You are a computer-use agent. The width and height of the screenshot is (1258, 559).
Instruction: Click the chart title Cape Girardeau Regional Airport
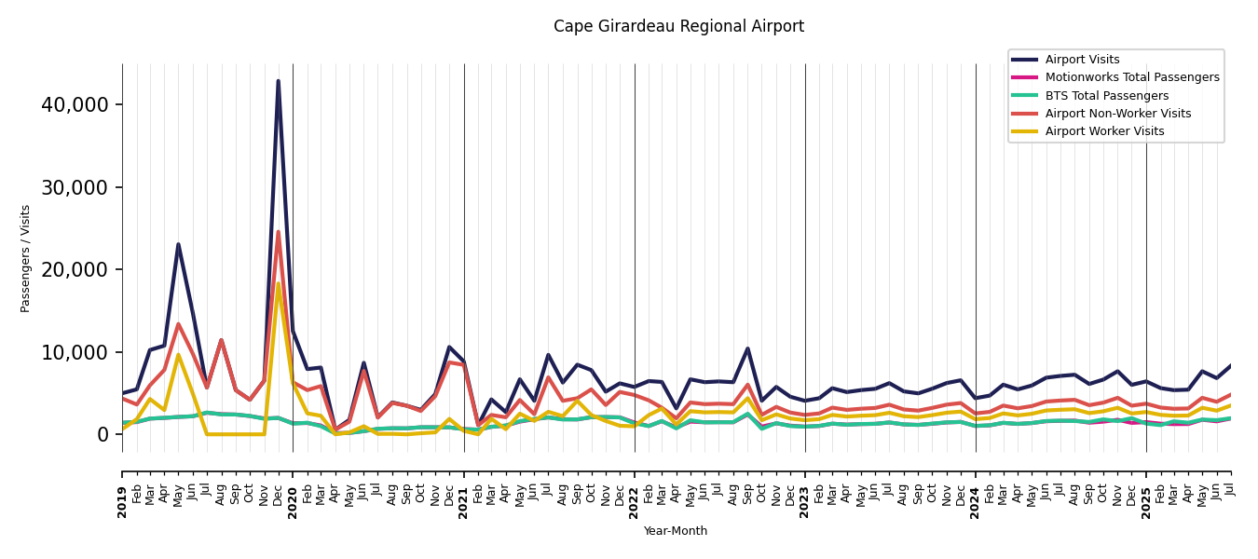pyautogui.click(x=678, y=27)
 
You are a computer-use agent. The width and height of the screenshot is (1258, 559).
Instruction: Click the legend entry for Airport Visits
pyautogui.click(x=1082, y=60)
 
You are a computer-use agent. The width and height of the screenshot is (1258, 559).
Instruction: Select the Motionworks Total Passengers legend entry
pyautogui.click(x=1131, y=77)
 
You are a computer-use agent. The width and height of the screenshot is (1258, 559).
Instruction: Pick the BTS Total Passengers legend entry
pyautogui.click(x=1106, y=96)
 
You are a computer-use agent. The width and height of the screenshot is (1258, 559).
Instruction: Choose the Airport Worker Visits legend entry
pyautogui.click(x=1104, y=131)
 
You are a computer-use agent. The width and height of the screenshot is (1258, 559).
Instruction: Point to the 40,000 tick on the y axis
pyautogui.click(x=75, y=104)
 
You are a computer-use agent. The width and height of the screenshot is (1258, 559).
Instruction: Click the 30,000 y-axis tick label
pyautogui.click(x=75, y=187)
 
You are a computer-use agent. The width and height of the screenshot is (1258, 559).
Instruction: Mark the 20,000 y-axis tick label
pyautogui.click(x=75, y=269)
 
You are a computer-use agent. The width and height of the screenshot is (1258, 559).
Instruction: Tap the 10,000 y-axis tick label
pyautogui.click(x=75, y=352)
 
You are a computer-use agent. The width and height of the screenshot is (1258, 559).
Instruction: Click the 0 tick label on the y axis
pyautogui.click(x=103, y=434)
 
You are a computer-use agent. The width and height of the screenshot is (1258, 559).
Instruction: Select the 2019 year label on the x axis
pyautogui.click(x=122, y=501)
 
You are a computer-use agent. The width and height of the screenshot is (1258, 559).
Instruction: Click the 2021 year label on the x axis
pyautogui.click(x=464, y=501)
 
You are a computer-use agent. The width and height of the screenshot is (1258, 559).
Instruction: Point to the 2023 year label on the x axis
pyautogui.click(x=805, y=501)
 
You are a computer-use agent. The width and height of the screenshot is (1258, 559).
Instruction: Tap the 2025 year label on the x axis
pyautogui.click(x=1146, y=501)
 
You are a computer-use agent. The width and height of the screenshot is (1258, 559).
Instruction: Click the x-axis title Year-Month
pyautogui.click(x=676, y=531)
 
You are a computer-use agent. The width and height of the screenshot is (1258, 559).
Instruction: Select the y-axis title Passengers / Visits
pyautogui.click(x=26, y=258)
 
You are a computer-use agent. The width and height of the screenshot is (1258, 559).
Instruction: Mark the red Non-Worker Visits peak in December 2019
pyautogui.click(x=278, y=232)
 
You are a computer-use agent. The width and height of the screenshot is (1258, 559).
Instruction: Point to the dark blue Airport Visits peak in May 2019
pyautogui.click(x=178, y=244)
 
